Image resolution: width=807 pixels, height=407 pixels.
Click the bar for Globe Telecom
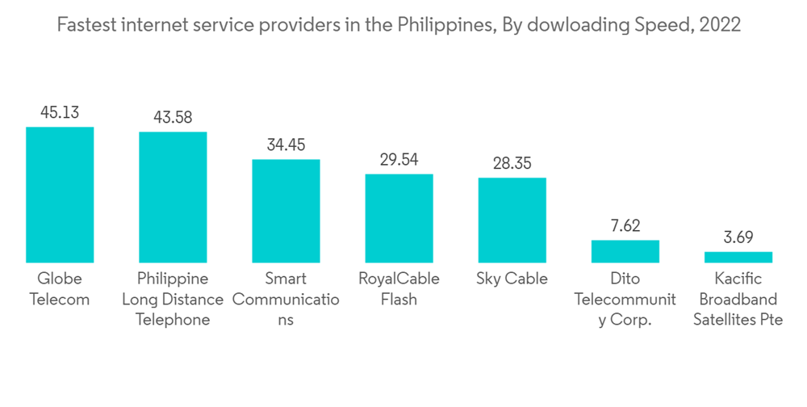click(60, 195)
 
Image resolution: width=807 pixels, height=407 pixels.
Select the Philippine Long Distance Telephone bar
click(173, 197)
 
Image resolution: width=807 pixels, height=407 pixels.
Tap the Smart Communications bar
click(286, 211)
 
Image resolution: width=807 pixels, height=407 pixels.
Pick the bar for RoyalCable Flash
click(399, 218)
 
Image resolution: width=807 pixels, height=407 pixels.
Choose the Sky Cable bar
click(512, 220)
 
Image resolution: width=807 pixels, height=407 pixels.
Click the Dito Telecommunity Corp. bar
click(625, 251)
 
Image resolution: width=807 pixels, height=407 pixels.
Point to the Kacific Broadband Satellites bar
click(738, 257)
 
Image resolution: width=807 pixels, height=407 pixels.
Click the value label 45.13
click(60, 112)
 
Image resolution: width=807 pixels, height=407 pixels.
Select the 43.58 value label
click(173, 117)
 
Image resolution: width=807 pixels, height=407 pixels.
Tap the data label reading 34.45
click(286, 145)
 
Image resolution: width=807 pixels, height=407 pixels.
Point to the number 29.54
click(399, 159)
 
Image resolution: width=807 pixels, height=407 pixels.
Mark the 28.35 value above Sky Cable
click(512, 163)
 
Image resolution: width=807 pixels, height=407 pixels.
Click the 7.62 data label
click(625, 225)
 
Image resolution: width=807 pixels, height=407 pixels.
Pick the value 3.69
click(738, 237)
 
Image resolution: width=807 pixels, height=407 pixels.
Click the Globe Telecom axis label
click(60, 289)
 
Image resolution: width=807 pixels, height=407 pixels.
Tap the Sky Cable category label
click(512, 279)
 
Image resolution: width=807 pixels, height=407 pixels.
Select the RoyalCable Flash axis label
click(399, 289)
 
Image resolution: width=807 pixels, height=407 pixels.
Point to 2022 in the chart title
click(720, 25)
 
